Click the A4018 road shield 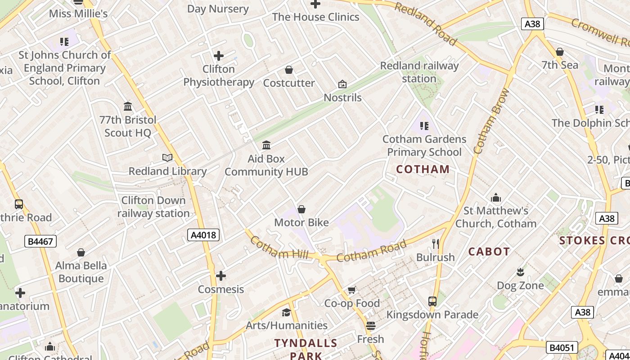203,234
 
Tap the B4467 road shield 40,242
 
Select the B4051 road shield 562,347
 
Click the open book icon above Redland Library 167,157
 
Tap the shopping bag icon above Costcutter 289,70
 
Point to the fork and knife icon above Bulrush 435,244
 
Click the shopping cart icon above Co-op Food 351,290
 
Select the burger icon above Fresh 370,325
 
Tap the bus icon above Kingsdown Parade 432,301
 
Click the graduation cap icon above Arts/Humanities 286,312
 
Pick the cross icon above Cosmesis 221,276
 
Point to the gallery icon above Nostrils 342,84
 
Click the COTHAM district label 423,169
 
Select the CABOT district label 489,252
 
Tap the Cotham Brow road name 490,121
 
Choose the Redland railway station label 419,72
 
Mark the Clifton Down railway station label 153,207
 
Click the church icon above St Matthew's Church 496,198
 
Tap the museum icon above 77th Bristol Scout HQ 128,107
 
